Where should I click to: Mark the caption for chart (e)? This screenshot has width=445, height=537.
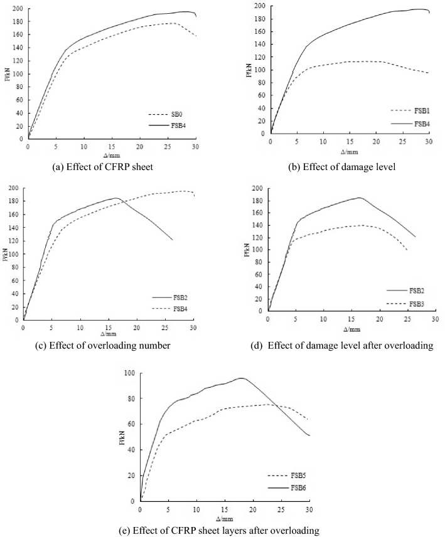[223, 531]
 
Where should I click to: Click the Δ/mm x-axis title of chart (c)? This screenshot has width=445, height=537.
[107, 333]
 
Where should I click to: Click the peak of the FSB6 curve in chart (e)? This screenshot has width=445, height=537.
[242, 378]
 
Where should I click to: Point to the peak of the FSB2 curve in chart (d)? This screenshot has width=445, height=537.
[360, 198]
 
